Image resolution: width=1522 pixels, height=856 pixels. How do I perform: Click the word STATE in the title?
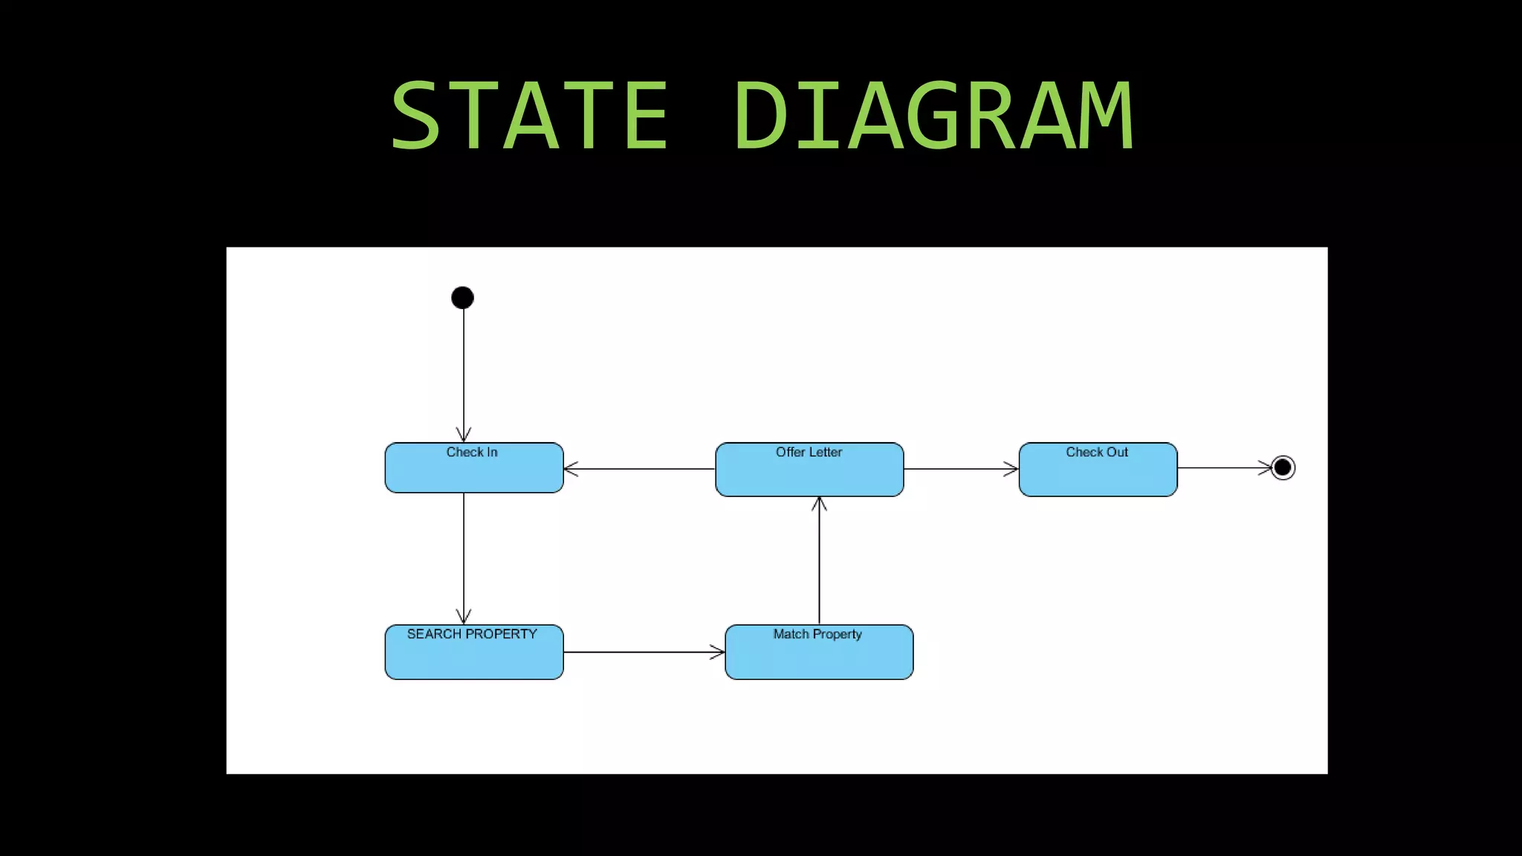pos(528,117)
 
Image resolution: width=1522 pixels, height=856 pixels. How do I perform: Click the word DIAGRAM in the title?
pos(933,117)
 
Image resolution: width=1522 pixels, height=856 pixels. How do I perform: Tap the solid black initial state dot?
pos(462,298)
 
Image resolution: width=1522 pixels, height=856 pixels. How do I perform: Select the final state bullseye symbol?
pos(1283,467)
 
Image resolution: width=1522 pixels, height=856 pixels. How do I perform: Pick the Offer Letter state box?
pos(809,476)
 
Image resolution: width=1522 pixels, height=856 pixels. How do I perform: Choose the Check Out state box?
pos(1098,476)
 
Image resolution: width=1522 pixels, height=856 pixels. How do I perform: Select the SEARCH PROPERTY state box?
pos(474,657)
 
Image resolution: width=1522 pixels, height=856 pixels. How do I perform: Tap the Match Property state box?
pos(819,657)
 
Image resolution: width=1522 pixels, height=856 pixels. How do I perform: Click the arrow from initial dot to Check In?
pos(464,372)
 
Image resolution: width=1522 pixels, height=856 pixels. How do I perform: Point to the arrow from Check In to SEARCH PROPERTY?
pos(464,557)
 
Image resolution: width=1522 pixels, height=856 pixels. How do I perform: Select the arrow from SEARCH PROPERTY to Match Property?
pos(644,652)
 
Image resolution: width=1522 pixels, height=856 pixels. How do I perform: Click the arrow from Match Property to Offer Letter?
pos(819,560)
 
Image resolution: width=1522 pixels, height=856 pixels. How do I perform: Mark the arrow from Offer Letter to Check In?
pos(639,469)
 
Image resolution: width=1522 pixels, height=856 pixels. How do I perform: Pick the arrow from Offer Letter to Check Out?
pos(961,469)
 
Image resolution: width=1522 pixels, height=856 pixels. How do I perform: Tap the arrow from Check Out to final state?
pos(1224,467)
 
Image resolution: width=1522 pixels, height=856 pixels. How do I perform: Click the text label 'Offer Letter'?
pos(809,452)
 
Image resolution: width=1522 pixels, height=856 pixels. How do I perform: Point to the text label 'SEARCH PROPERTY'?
pos(472,634)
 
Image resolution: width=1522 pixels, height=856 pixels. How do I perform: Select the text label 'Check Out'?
pos(1097,452)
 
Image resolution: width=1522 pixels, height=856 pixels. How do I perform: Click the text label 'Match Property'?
pos(817,634)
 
